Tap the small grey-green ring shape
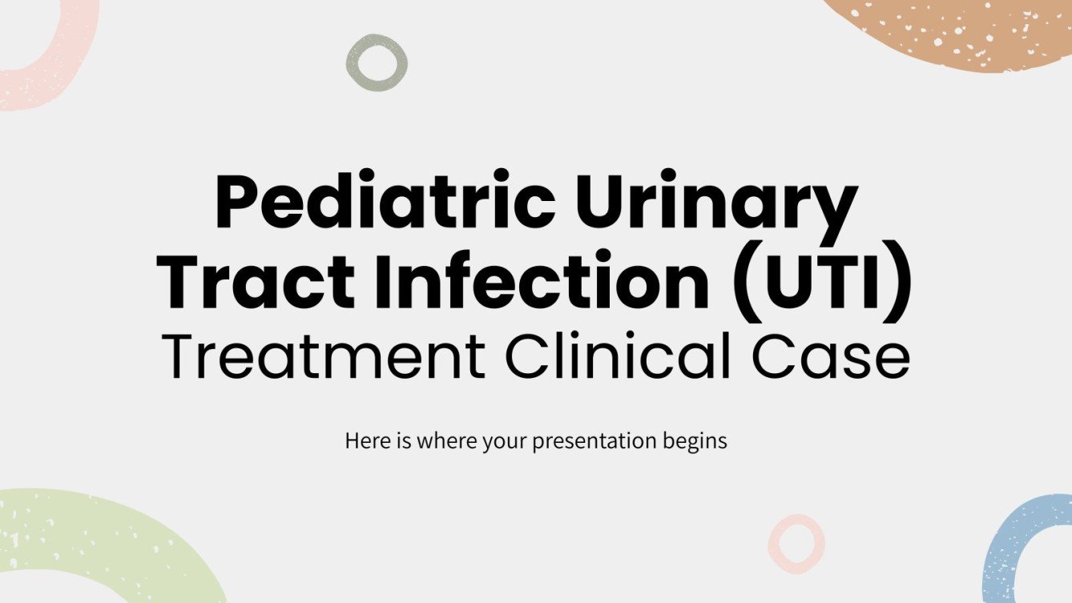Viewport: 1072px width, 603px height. coord(377,62)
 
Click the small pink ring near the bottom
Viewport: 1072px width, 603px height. coord(796,544)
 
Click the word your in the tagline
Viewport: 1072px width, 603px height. coord(502,441)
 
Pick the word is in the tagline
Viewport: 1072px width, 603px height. coord(403,441)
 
